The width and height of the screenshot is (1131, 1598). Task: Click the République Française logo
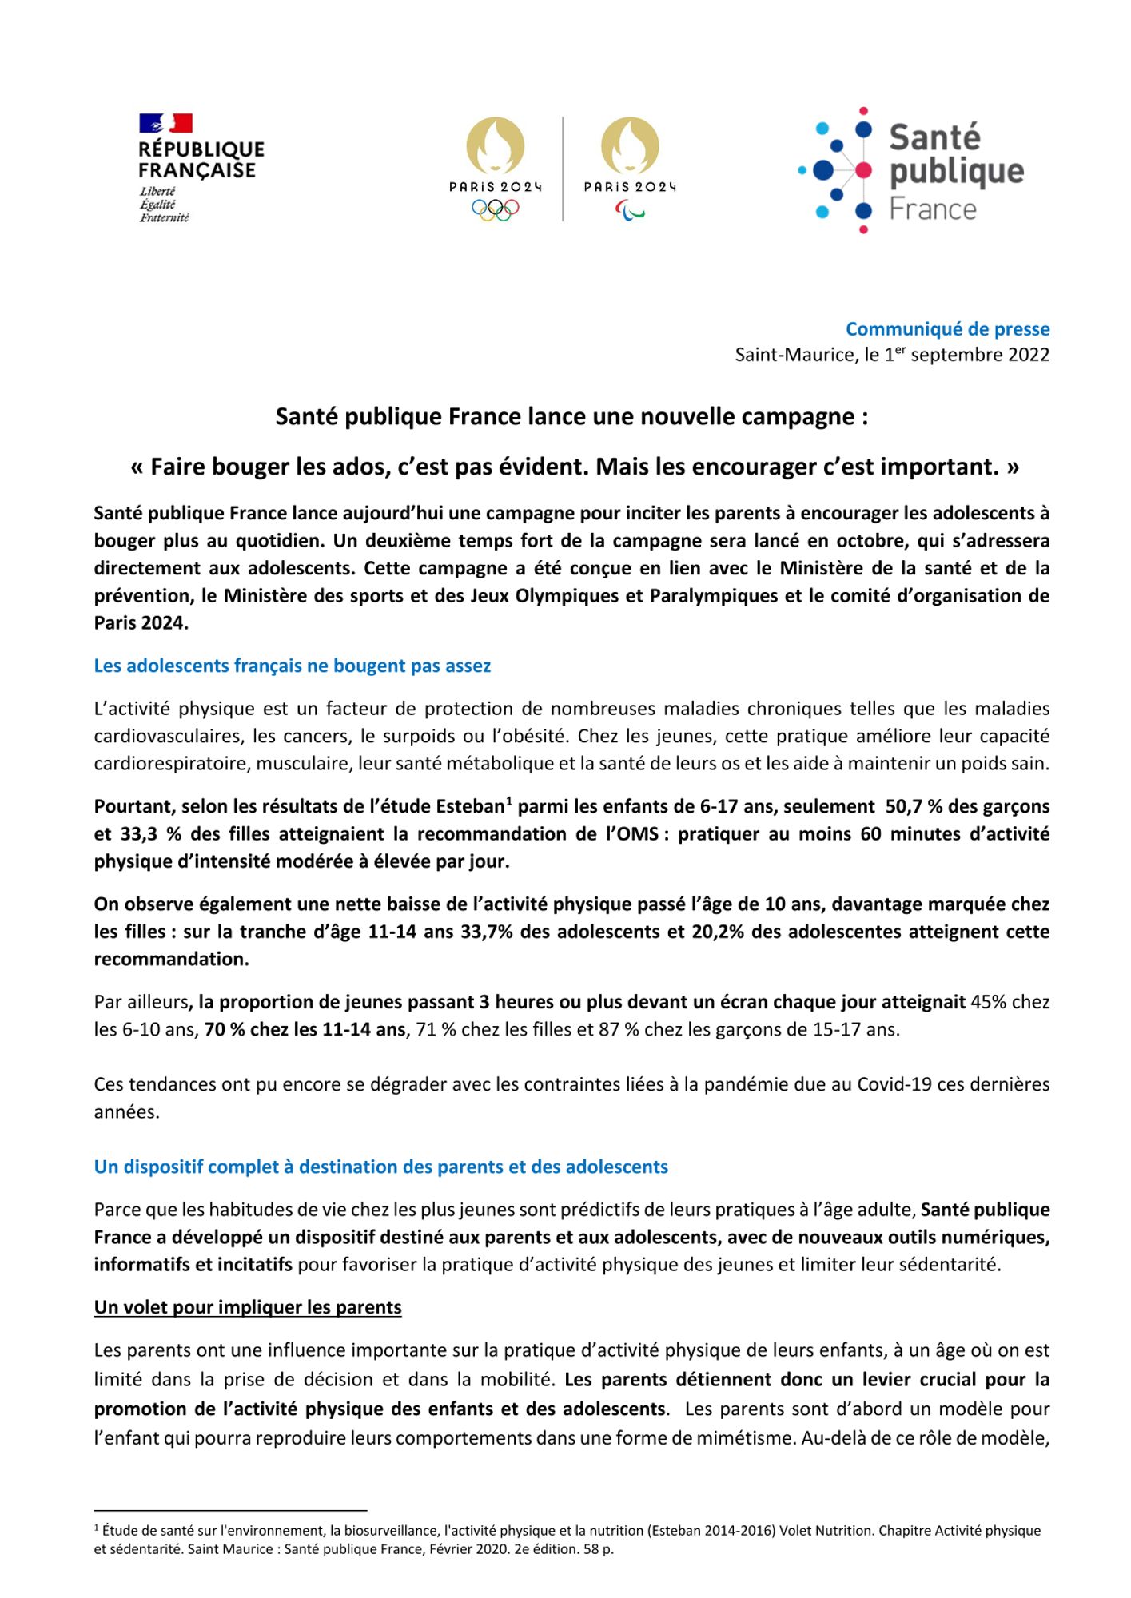tap(201, 168)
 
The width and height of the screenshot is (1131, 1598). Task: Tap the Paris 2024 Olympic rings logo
tap(495, 169)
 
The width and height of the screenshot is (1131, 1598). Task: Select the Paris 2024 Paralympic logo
tap(630, 169)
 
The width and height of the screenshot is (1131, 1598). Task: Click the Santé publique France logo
tap(911, 170)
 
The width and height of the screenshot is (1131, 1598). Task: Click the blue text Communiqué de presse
tap(947, 329)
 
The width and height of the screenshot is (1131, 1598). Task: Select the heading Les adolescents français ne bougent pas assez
tap(292, 666)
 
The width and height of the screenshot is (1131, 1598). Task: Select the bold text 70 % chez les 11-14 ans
tap(305, 1029)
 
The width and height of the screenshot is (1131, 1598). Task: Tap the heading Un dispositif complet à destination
tap(380, 1167)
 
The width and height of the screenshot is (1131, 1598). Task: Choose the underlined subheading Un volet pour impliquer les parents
tap(248, 1307)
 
